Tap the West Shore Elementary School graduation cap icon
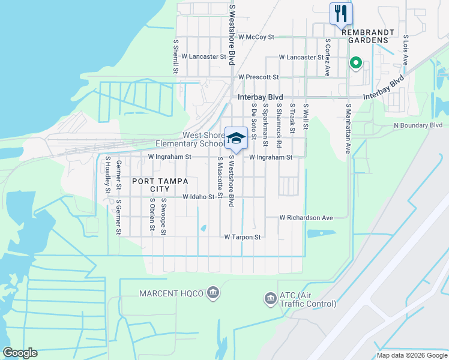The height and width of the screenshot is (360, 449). tap(236, 138)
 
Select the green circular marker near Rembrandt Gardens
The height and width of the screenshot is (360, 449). tap(355, 62)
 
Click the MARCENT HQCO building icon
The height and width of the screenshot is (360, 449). tap(212, 293)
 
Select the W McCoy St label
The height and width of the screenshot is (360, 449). tap(256, 37)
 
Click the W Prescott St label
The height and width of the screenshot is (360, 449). tap(258, 77)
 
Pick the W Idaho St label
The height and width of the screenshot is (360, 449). tap(199, 197)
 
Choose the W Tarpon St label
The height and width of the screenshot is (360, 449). tap(243, 237)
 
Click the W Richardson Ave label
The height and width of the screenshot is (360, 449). tap(306, 218)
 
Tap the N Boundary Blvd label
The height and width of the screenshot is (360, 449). tap(418, 125)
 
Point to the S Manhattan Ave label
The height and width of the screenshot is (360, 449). tap(348, 128)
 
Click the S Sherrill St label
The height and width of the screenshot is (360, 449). tap(176, 56)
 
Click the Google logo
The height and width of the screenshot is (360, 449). tap(20, 353)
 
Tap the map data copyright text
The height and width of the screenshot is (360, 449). tap(411, 355)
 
